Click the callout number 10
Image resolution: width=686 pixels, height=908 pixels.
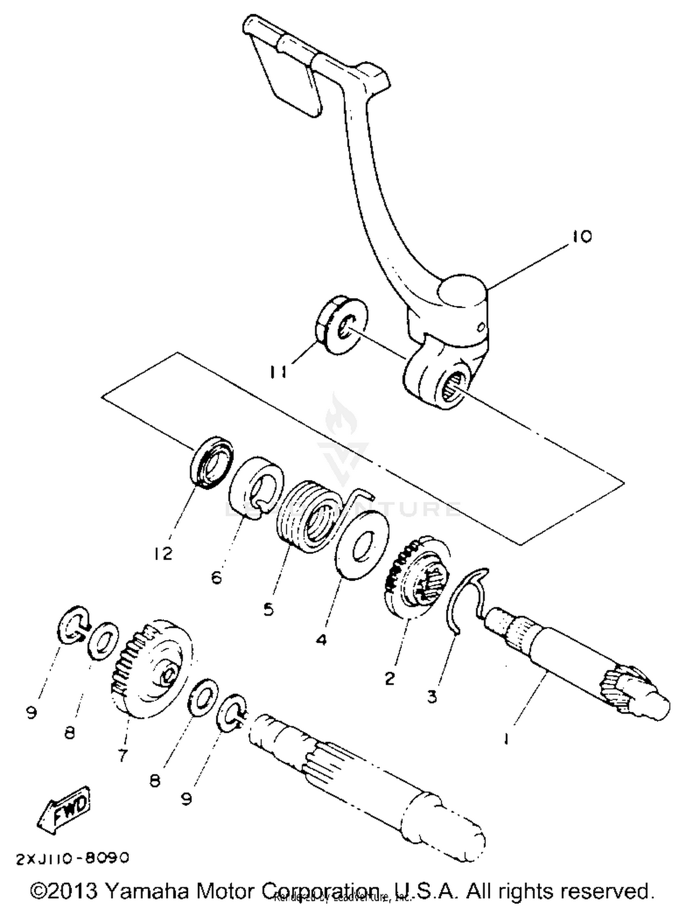coord(581,236)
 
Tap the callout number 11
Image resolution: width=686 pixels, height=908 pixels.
coord(279,372)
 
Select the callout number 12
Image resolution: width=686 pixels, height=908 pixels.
coord(163,554)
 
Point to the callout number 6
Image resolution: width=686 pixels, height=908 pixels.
coord(216,577)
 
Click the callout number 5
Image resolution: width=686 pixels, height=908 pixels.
coord(268,609)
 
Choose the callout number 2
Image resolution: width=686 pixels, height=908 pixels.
coord(389,678)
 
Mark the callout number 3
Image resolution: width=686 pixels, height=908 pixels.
coord(432,696)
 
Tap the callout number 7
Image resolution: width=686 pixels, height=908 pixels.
coord(122,755)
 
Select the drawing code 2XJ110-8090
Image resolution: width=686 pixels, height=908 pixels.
coord(73,858)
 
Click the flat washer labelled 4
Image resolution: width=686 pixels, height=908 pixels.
coord(362,546)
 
